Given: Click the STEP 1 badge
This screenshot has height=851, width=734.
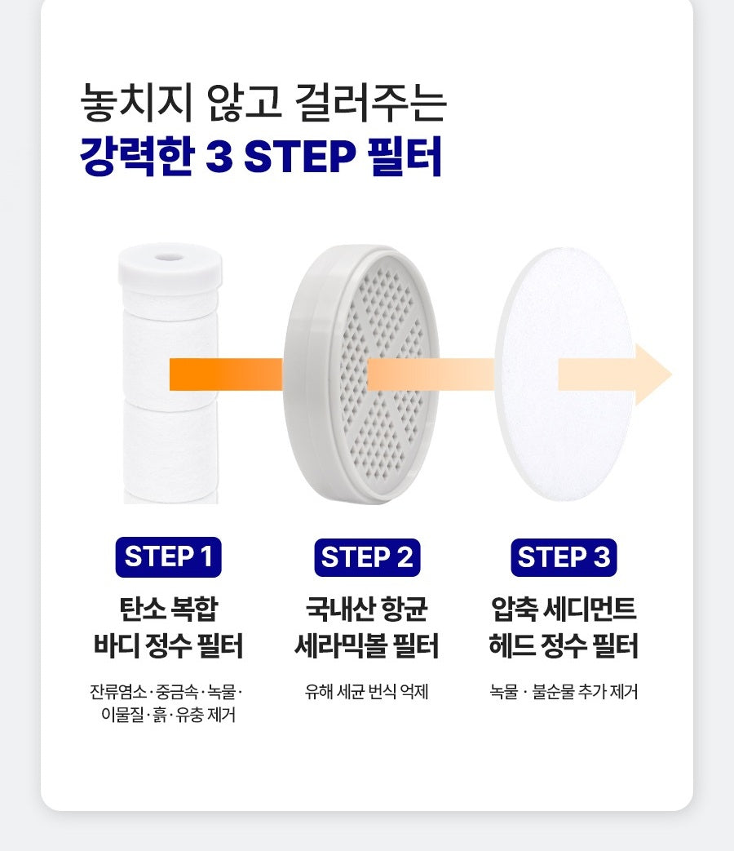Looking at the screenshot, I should click(x=169, y=557).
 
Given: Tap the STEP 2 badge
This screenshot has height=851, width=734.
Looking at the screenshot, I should click(x=366, y=557).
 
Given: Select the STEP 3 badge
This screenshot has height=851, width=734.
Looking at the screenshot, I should click(x=564, y=557).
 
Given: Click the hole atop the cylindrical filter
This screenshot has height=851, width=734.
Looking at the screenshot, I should click(x=170, y=256).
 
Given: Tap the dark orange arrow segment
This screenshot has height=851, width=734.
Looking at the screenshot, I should click(x=224, y=375).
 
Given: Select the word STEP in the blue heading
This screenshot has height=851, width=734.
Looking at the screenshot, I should click(x=300, y=156).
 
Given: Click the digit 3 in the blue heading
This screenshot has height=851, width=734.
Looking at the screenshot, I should click(x=219, y=156).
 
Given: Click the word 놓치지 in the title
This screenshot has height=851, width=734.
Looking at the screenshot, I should click(x=137, y=104).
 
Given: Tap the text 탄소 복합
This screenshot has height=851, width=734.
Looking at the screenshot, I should click(x=169, y=609).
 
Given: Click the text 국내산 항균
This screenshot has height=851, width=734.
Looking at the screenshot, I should click(x=366, y=609).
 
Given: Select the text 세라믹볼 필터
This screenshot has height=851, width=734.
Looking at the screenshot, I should click(x=366, y=646).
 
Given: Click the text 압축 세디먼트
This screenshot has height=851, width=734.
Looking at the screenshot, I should click(x=564, y=609).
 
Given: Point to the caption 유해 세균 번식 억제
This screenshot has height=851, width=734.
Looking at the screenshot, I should click(x=366, y=693).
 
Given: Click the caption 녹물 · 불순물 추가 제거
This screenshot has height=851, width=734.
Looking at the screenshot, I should click(x=564, y=693).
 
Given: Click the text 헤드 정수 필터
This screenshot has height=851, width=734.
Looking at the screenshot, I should click(x=564, y=646).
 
